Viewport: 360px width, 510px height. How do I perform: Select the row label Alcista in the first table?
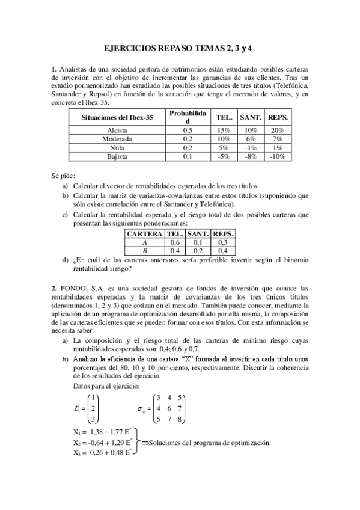[x=117, y=130]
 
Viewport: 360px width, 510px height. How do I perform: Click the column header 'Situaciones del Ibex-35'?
[x=117, y=117]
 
